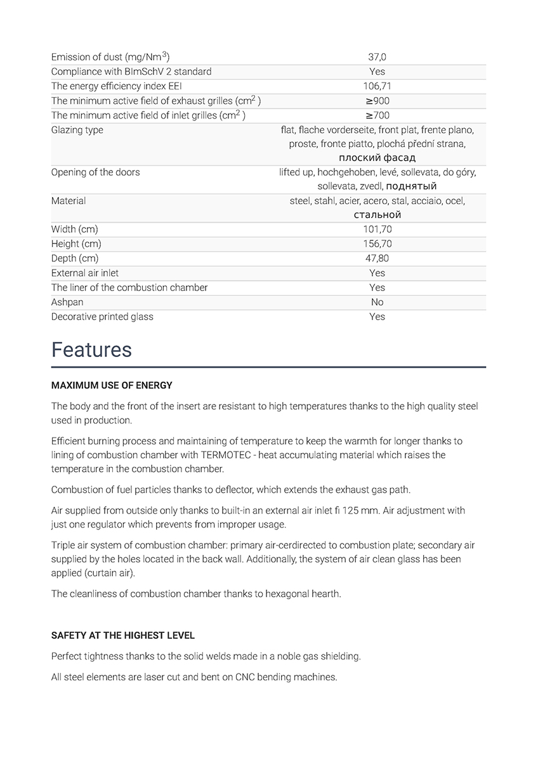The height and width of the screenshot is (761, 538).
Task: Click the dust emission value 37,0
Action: (x=377, y=57)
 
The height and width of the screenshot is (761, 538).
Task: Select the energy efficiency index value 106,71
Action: (x=377, y=86)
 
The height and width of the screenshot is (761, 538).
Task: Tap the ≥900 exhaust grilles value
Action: (x=377, y=101)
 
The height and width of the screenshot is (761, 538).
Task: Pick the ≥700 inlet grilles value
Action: (x=377, y=115)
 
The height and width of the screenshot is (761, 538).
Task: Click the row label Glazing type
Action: (x=77, y=130)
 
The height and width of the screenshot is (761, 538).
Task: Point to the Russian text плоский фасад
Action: (x=377, y=158)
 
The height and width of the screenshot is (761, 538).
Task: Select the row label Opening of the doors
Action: (x=95, y=172)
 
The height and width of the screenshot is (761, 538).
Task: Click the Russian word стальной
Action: (x=377, y=215)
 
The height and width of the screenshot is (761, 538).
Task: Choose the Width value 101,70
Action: (x=377, y=230)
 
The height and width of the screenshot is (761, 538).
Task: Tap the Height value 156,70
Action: (x=377, y=244)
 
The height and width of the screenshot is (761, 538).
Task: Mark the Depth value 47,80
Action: (x=377, y=259)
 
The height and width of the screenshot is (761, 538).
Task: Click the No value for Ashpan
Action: (x=377, y=302)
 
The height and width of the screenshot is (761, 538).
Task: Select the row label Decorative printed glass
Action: (x=102, y=317)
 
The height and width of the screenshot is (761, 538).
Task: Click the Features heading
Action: (x=91, y=350)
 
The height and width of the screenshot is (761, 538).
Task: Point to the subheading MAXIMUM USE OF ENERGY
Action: (x=112, y=386)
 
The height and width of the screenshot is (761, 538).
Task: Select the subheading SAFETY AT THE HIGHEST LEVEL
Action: (x=123, y=635)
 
